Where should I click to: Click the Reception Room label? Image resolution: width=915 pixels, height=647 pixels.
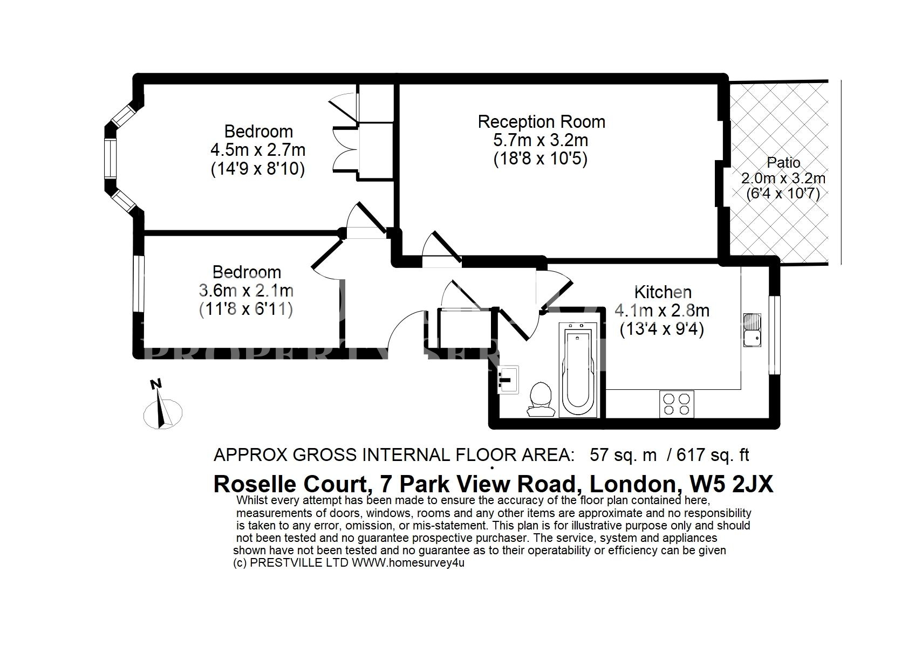[541, 122]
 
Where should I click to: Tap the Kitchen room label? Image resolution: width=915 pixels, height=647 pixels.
[663, 292]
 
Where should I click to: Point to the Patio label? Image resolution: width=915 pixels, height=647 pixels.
[783, 163]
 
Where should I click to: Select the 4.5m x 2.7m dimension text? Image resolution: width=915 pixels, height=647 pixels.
[258, 150]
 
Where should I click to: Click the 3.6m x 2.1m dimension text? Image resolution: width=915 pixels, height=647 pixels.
[246, 291]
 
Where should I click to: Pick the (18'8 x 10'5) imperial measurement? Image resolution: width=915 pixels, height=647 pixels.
[541, 159]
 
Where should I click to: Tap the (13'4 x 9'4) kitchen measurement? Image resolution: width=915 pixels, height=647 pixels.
[662, 329]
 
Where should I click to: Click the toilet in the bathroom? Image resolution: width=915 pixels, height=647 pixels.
[541, 399]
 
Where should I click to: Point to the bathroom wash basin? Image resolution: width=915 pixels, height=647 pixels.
[508, 380]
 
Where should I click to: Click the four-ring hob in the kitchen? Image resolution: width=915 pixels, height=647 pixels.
[677, 404]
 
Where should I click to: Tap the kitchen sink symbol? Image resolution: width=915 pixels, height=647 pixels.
[752, 330]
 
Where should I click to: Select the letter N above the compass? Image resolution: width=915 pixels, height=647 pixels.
[155, 384]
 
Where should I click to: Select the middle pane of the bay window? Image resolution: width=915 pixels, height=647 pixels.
[110, 159]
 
